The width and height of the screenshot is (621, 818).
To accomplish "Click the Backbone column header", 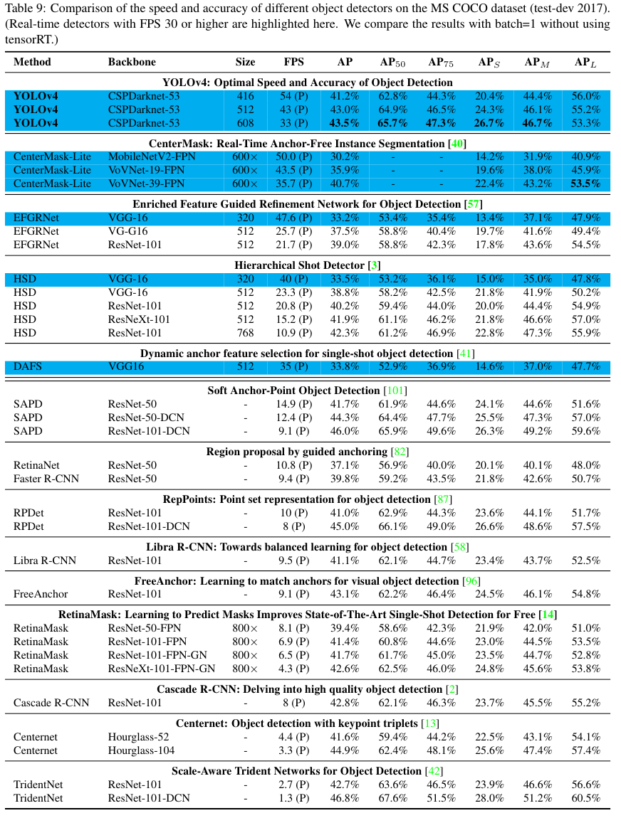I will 132,62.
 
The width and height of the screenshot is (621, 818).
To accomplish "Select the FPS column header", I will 293,62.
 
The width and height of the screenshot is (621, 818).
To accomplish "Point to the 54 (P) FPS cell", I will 293,96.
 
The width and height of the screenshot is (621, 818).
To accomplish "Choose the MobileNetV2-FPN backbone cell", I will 152,157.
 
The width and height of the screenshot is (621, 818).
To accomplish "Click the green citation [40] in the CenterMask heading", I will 459,144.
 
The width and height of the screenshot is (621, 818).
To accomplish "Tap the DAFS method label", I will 28,367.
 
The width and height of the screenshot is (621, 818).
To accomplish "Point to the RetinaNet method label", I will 35,465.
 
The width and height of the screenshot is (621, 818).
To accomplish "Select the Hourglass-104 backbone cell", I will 142,750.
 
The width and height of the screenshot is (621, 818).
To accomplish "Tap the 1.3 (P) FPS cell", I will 293,798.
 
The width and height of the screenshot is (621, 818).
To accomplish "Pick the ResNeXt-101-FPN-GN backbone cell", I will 162,669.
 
